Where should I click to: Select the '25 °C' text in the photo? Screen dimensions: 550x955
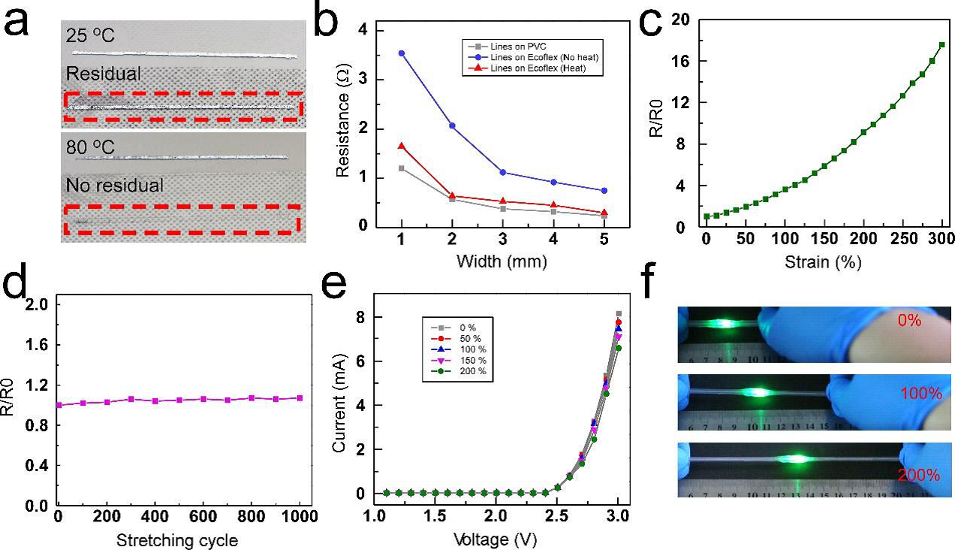92,35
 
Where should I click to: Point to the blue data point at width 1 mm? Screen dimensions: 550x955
402,53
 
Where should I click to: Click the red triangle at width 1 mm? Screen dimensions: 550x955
402,146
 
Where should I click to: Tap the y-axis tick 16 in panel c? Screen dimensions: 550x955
681,61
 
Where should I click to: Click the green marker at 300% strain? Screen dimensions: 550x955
941,45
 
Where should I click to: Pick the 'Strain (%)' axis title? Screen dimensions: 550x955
824,263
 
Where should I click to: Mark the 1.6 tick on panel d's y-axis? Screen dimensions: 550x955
38,345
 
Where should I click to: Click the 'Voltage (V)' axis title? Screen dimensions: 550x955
495,538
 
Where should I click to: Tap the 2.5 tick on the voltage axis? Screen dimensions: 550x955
557,518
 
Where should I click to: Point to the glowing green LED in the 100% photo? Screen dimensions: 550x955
759,391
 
